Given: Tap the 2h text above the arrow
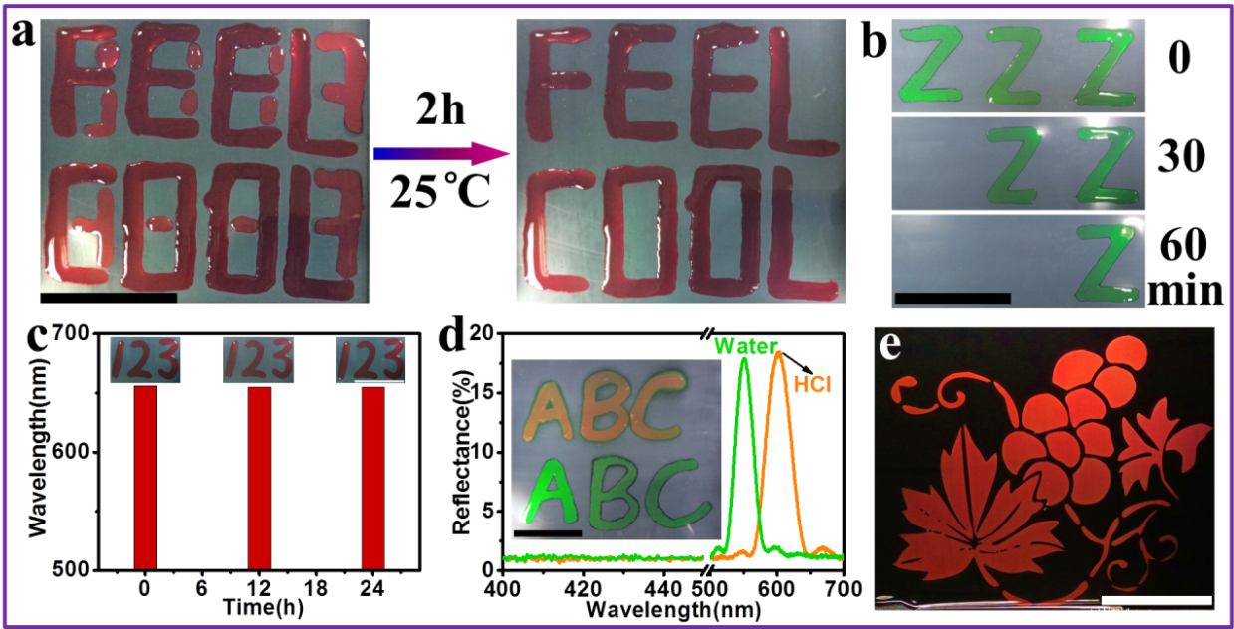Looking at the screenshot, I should click(439, 109).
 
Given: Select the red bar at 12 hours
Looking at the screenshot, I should click(259, 478).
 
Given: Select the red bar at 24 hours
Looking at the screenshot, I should click(372, 478).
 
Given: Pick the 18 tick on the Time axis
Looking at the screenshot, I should click(316, 587).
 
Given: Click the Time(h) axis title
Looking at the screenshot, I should click(259, 605).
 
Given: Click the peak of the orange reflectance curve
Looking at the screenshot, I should click(778, 352).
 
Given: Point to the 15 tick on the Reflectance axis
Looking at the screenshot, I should click(486, 394).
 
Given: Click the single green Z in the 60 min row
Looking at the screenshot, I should click(1106, 261).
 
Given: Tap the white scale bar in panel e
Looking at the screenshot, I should click(1156, 600).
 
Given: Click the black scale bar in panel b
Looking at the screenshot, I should click(952, 297).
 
